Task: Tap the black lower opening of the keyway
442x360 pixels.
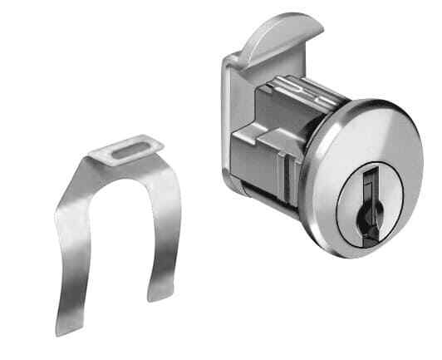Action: (x=366, y=215)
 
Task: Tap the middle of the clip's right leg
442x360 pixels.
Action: (x=166, y=224)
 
